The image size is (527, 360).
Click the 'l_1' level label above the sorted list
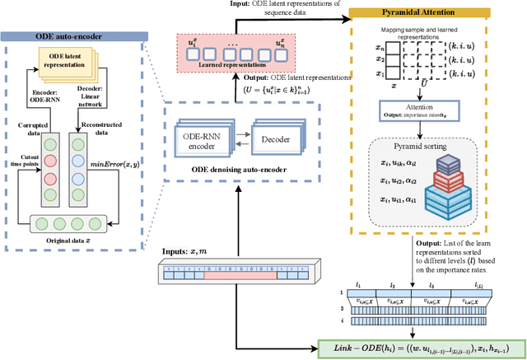[359, 284]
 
